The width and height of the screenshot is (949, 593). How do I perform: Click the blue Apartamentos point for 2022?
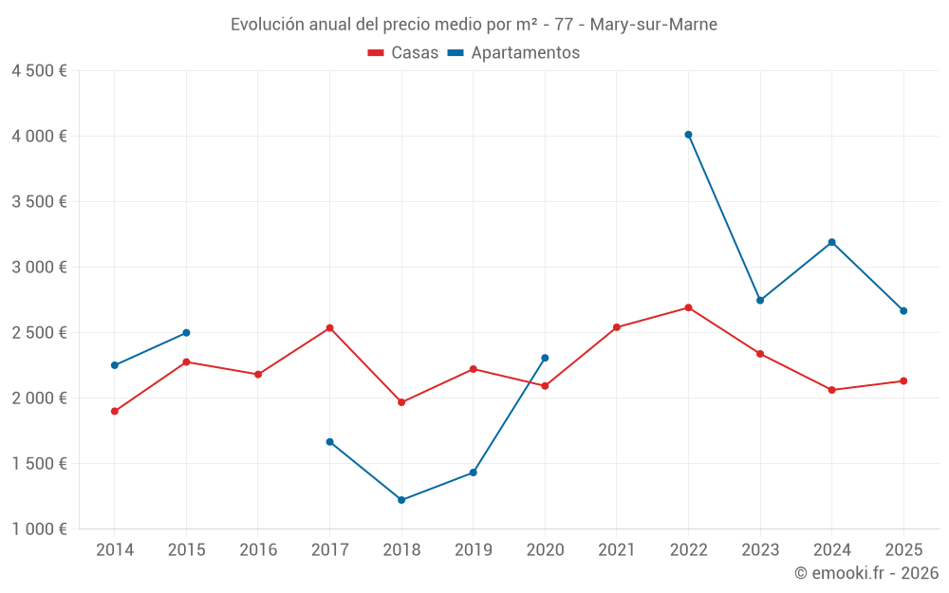pyautogui.click(x=688, y=135)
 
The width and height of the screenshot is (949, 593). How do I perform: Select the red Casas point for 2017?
pyautogui.click(x=329, y=328)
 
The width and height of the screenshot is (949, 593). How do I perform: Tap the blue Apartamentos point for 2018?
pyautogui.click(x=401, y=500)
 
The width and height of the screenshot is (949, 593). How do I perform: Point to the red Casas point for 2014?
pyautogui.click(x=114, y=411)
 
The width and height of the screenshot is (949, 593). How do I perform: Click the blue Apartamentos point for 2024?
pyautogui.click(x=831, y=242)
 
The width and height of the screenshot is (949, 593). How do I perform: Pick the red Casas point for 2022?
pyautogui.click(x=688, y=307)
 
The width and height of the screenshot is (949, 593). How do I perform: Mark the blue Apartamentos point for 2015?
pyautogui.click(x=186, y=333)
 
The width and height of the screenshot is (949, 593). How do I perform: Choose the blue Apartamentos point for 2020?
pyautogui.click(x=545, y=358)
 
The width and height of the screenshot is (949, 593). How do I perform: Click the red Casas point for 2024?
pyautogui.click(x=831, y=390)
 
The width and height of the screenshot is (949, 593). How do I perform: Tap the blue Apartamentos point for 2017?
pyautogui.click(x=329, y=442)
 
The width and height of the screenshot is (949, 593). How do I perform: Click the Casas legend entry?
pyautogui.click(x=403, y=53)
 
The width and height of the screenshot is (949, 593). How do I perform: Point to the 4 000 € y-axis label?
pyautogui.click(x=39, y=136)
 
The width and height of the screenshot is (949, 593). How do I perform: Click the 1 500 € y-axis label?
pyautogui.click(x=39, y=463)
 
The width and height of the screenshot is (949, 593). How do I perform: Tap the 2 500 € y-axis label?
pyautogui.click(x=39, y=332)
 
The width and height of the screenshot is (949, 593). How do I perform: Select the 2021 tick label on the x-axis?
pyautogui.click(x=616, y=550)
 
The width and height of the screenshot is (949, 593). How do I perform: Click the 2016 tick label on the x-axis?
pyautogui.click(x=258, y=550)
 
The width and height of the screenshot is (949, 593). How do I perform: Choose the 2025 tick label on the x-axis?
pyautogui.click(x=902, y=550)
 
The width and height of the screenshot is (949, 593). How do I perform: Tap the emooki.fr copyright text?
pyautogui.click(x=866, y=573)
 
